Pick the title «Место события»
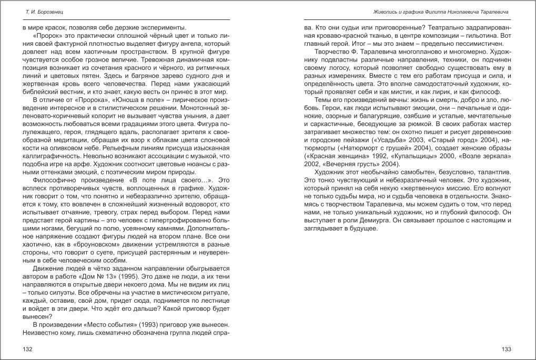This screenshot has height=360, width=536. [x=113, y=324]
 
